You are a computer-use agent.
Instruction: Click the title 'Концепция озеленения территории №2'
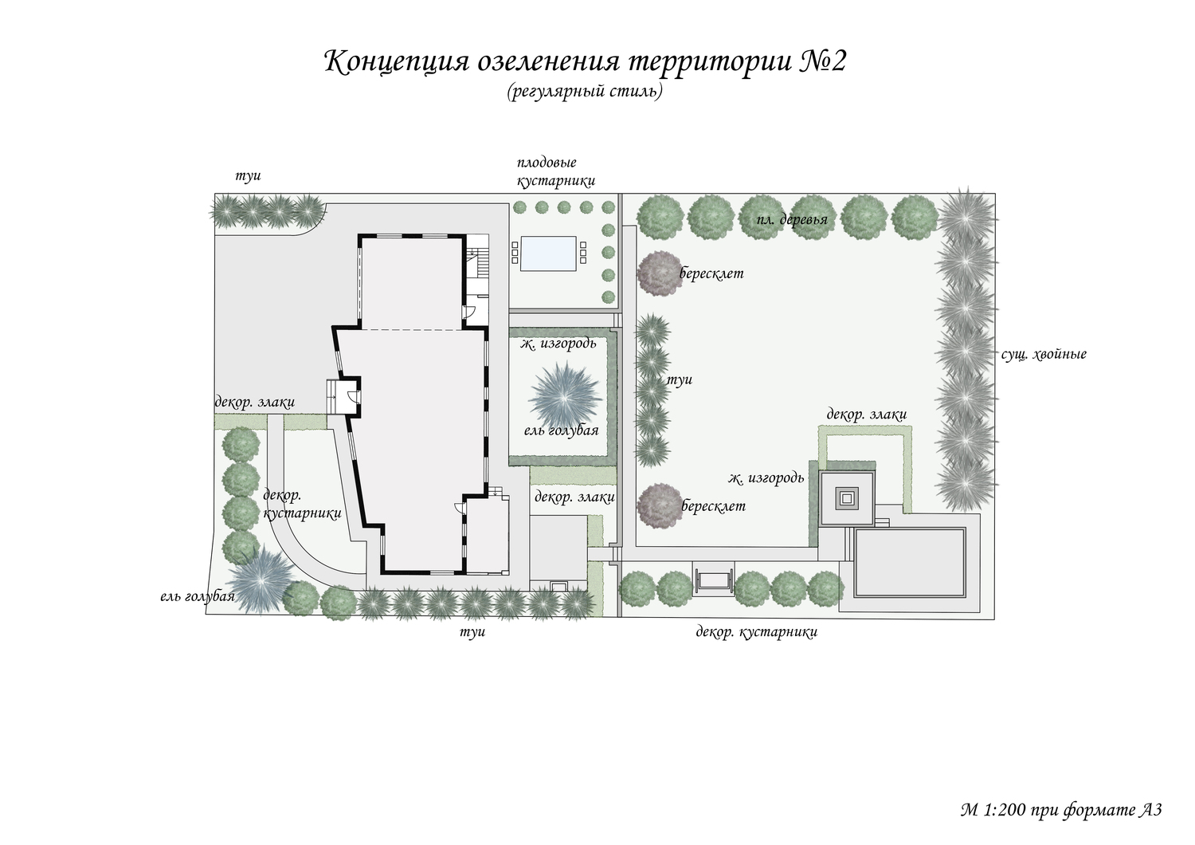point(586,61)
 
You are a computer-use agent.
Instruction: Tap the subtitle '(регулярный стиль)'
point(585,92)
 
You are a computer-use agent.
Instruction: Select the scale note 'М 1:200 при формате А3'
point(1061,810)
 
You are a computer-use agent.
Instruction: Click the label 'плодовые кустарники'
point(556,172)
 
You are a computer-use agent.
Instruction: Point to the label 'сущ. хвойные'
point(1044,354)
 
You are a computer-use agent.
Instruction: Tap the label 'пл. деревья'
point(792,219)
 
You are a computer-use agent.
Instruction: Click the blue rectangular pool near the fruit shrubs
point(547,253)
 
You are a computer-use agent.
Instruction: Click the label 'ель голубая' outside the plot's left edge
point(198,597)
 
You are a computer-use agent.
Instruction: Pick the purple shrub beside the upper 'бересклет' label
point(660,273)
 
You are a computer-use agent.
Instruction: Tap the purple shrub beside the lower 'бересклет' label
point(660,505)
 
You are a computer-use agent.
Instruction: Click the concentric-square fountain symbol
point(847,498)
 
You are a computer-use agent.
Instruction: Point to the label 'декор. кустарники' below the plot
point(757,632)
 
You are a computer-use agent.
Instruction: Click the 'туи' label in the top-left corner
point(248,175)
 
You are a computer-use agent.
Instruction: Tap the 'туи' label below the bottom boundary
point(472,632)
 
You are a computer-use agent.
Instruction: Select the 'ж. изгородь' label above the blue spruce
point(558,344)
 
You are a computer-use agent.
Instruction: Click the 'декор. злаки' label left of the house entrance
point(254,402)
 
